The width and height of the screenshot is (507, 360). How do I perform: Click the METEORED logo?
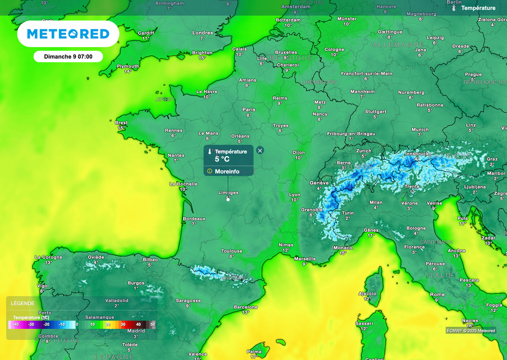pyautogui.click(x=68, y=34)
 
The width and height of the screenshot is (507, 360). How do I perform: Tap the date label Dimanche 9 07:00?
pyautogui.click(x=68, y=56)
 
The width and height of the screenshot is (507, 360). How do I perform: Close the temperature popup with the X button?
pyautogui.click(x=260, y=151)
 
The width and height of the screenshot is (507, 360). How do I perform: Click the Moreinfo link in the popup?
pyautogui.click(x=227, y=171)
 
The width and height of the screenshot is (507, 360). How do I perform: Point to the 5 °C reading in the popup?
pyautogui.click(x=222, y=159)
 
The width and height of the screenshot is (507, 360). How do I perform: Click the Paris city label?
pyautogui.click(x=249, y=110)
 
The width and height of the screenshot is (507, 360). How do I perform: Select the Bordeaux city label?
pyautogui.click(x=194, y=218)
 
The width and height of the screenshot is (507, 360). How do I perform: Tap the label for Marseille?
pyautogui.click(x=304, y=258)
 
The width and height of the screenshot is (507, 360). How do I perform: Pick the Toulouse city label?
pyautogui.click(x=232, y=251)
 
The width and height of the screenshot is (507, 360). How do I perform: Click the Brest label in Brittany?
pyautogui.click(x=121, y=123)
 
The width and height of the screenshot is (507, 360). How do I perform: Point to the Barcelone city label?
pyautogui.click(x=246, y=307)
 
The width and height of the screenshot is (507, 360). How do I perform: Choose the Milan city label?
pyautogui.click(x=376, y=202)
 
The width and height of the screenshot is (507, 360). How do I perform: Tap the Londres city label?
pyautogui.click(x=203, y=33)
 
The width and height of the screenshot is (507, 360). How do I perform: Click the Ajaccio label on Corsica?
pyautogui.click(x=367, y=294)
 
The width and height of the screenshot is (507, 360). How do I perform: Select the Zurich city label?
pyautogui.click(x=363, y=151)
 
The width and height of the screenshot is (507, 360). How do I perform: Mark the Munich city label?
pyautogui.click(x=420, y=130)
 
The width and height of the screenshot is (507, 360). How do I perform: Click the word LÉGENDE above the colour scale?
pyautogui.click(x=23, y=303)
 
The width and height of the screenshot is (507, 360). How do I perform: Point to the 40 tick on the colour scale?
pyautogui.click(x=138, y=324)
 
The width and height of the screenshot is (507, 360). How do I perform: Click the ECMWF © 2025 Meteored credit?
pyautogui.click(x=470, y=330)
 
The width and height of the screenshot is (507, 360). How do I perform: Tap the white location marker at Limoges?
pyautogui.click(x=228, y=199)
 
